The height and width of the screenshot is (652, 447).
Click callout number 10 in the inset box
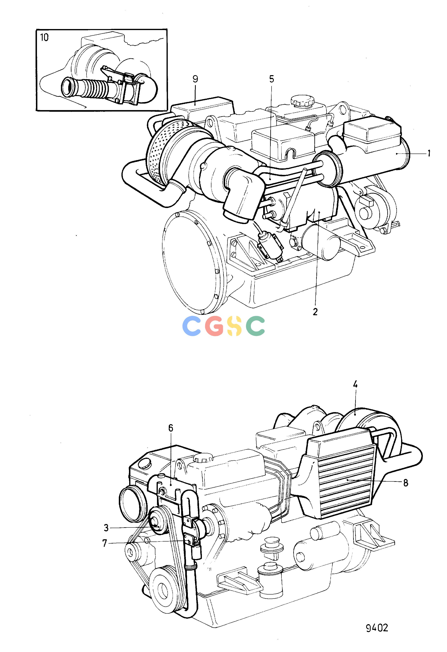coord(44,38)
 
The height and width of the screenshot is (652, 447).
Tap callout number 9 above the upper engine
coord(195,79)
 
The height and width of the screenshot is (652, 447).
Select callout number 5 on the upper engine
coord(271,79)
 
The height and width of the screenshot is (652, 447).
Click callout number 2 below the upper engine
coord(315,312)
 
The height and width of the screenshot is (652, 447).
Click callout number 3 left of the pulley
coord(106,528)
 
